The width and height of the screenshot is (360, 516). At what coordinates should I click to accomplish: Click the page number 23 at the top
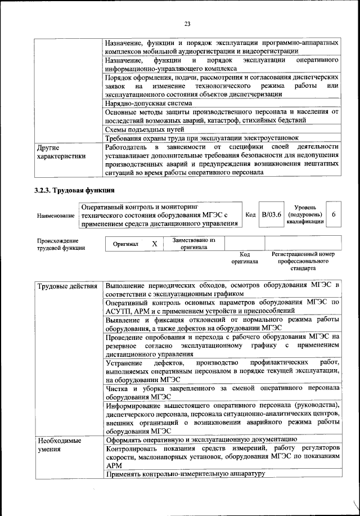click(187, 24)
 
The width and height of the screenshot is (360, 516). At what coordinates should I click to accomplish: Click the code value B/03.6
click(271, 215)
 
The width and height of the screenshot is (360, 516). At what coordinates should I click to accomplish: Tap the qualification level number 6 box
click(334, 215)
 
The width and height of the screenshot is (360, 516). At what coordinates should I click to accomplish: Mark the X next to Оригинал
click(154, 244)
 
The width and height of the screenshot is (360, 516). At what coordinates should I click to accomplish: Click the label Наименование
click(56, 216)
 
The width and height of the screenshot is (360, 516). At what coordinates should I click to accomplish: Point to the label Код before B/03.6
click(251, 215)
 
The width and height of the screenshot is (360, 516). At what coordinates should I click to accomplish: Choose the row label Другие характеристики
click(61, 152)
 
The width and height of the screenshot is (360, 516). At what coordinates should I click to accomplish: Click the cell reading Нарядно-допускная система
click(148, 104)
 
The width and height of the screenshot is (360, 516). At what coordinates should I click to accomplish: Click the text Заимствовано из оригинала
click(193, 243)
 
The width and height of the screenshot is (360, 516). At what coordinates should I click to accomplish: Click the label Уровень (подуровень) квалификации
click(304, 215)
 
